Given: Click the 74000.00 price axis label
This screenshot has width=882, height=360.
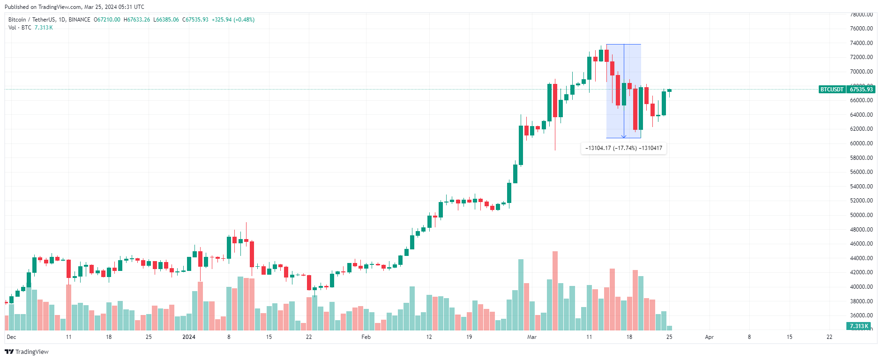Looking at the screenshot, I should [861, 43].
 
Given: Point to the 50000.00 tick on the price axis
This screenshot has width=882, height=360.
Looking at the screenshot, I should [861, 215].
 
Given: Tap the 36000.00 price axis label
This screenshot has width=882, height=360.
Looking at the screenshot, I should [861, 315].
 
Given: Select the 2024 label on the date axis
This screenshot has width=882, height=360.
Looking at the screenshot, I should [189, 337].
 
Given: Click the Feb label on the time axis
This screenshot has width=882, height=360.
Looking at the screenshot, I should [366, 337].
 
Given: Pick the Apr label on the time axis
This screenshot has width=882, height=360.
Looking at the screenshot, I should [709, 337].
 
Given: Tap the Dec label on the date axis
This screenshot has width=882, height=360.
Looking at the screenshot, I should [11, 337].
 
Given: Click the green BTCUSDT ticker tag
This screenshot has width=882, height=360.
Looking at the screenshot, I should [832, 90].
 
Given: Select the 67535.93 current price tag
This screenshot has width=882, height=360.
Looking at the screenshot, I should [861, 90].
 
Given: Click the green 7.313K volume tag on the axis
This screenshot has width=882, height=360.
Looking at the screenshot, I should [859, 326].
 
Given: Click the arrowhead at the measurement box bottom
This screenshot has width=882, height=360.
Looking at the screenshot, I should [624, 136].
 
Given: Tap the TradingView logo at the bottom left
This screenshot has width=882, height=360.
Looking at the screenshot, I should [27, 352].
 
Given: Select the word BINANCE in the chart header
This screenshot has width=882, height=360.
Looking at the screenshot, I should [79, 20].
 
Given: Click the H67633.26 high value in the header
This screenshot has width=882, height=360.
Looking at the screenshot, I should [137, 20].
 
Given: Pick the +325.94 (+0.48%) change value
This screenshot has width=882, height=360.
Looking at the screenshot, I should [233, 20].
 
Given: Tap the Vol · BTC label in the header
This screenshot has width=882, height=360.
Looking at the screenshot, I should [20, 28].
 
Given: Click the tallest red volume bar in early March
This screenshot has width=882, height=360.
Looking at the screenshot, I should [555, 291].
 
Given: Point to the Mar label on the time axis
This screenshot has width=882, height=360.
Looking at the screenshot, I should [531, 337].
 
